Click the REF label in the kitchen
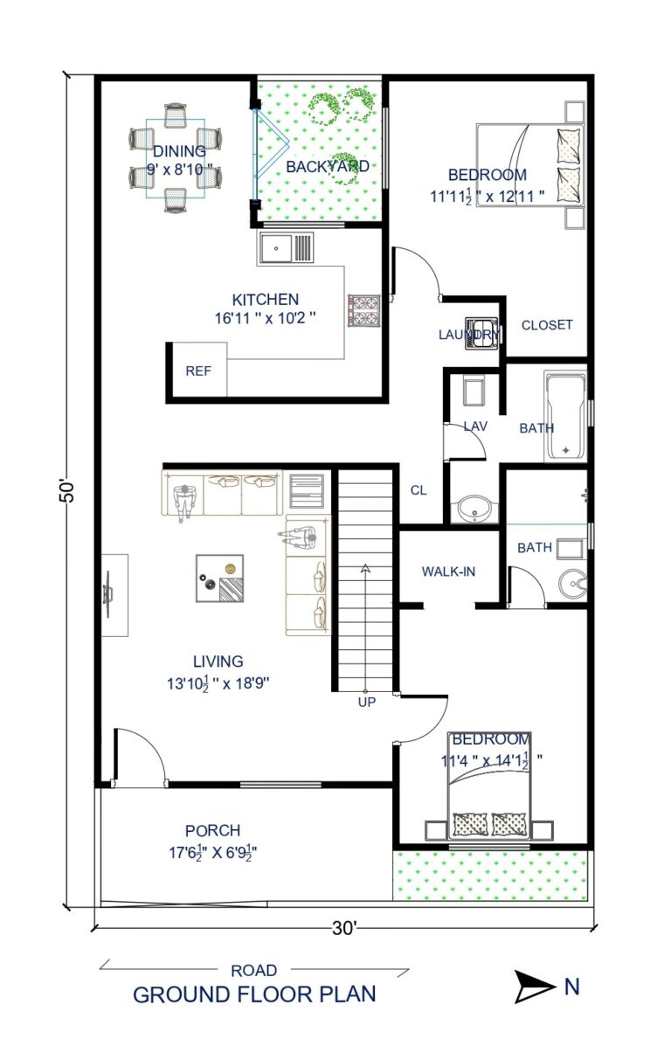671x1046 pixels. coord(198,370)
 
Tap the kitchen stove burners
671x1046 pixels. coord(363,310)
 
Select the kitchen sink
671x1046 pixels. coord(285,248)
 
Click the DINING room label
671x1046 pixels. coord(179,151)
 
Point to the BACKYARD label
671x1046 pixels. coord(328,165)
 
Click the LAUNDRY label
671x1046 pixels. coord(469,335)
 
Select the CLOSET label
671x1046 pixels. coord(547,325)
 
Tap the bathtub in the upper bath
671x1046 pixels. coord(565,416)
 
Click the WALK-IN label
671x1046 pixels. coord(448,571)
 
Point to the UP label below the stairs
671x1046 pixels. coord(365,701)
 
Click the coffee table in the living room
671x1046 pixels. coord(218,578)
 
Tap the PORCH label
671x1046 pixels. coord(212,830)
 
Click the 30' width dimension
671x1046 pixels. coord(344,929)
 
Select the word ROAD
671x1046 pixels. coord(254,970)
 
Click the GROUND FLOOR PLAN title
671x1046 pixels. coord(254,994)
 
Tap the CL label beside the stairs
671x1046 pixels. coord(419,490)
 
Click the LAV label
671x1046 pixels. coord(475,426)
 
